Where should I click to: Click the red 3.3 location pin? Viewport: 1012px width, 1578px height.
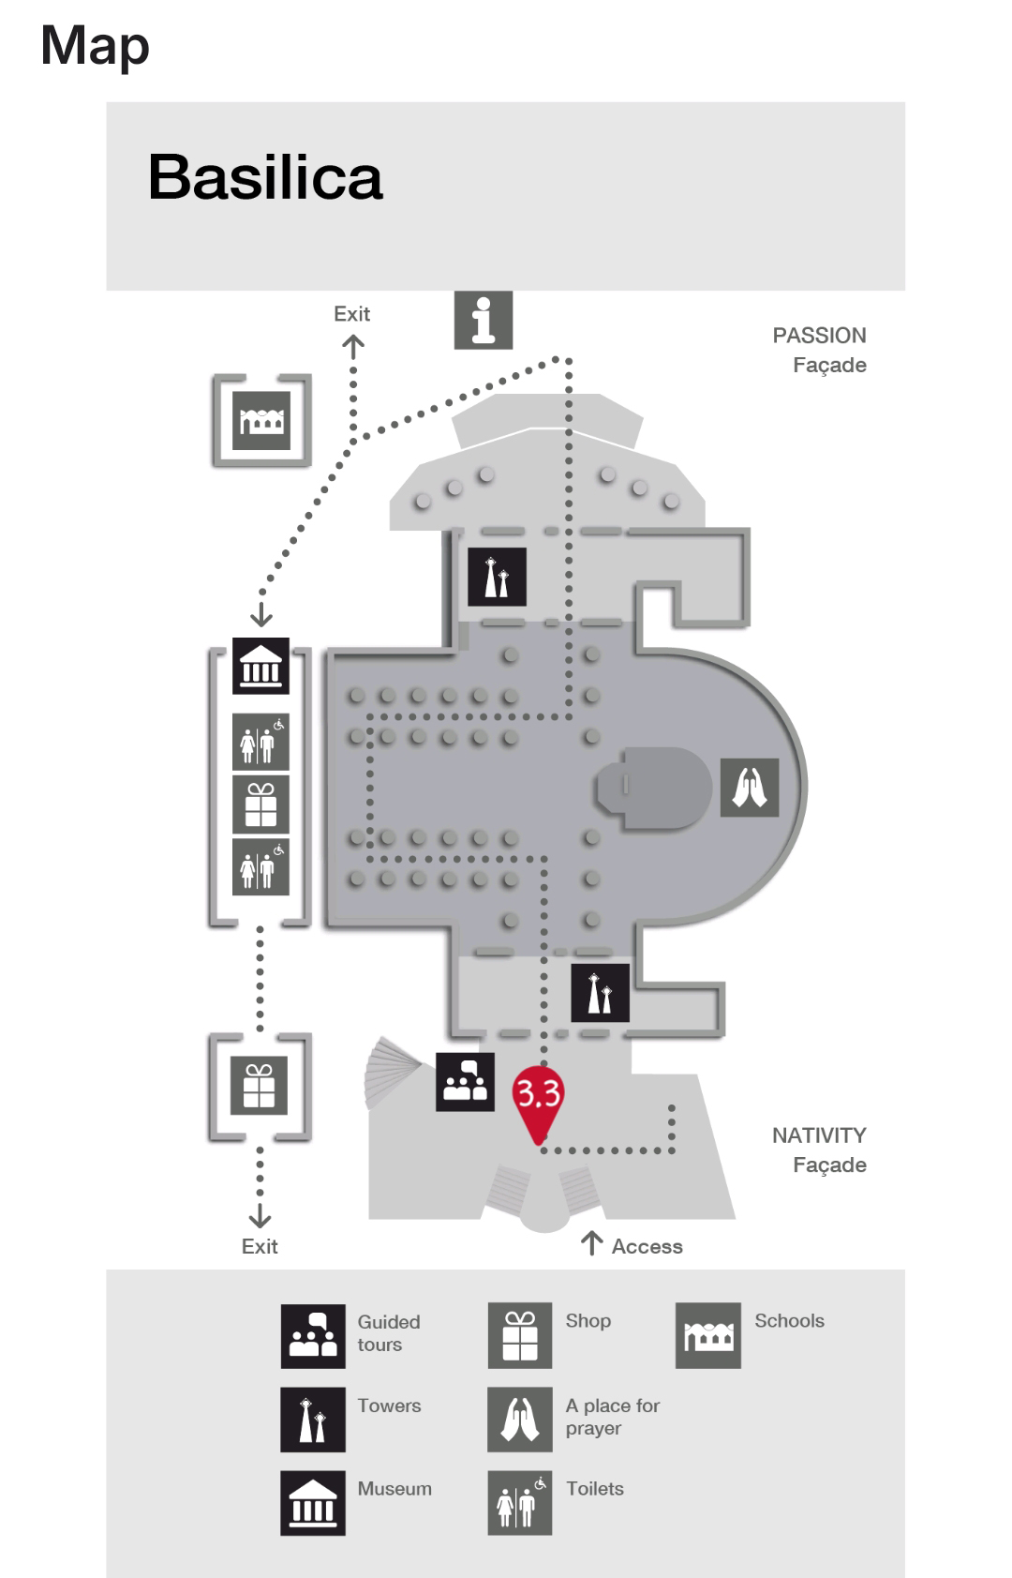[x=538, y=1097]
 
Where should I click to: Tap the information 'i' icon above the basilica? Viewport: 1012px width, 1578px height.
[x=483, y=321]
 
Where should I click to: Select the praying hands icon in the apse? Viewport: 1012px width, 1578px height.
[x=749, y=788]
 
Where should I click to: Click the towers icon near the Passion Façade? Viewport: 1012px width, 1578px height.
[x=497, y=577]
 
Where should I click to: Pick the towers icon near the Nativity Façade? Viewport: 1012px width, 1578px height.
[x=600, y=993]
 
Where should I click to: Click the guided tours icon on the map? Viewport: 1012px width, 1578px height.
[x=465, y=1082]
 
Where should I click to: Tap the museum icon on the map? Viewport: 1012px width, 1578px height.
[x=260, y=667]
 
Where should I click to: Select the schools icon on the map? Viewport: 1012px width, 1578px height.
[x=261, y=421]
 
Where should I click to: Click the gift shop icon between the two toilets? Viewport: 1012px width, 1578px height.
[x=260, y=804]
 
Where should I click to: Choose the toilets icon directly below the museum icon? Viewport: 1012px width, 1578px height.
[x=260, y=742]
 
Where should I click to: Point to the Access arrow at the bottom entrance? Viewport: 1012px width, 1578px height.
[x=591, y=1244]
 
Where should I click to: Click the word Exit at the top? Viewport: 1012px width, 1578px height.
[x=351, y=314]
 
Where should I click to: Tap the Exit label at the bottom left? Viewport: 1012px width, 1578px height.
[x=260, y=1246]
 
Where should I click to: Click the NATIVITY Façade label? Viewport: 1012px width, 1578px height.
[x=819, y=1150]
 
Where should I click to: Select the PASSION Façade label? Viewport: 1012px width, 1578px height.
[x=819, y=350]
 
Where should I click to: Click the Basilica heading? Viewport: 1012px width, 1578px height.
[x=265, y=177]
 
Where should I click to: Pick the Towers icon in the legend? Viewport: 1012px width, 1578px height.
[x=313, y=1420]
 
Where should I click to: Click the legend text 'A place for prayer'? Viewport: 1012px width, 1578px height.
[x=612, y=1417]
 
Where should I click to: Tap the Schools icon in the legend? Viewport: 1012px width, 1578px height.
[x=708, y=1335]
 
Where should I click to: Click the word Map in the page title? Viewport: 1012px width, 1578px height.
[x=95, y=45]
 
